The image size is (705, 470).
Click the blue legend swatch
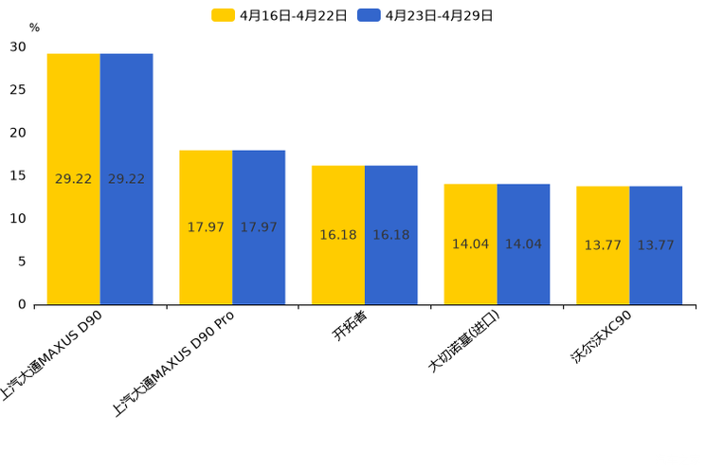pyautogui.click(x=369, y=15)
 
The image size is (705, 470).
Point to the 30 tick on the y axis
pyautogui.click(x=18, y=46)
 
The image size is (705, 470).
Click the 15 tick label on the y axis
pyautogui.click(x=18, y=175)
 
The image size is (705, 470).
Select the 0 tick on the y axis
pyautogui.click(x=22, y=304)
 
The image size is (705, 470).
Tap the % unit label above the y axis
pyautogui.click(x=34, y=27)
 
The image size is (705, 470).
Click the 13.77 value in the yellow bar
pyautogui.click(x=603, y=245)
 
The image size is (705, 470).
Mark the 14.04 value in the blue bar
pyautogui.click(x=523, y=244)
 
